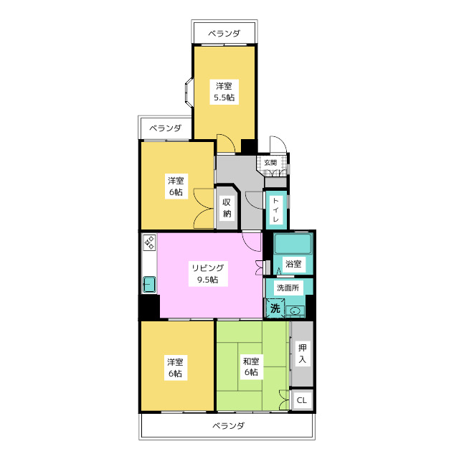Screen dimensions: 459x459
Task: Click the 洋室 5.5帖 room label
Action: click(x=224, y=92)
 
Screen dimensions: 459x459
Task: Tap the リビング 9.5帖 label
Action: click(x=208, y=273)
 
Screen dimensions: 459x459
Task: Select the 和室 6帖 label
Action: click(x=251, y=366)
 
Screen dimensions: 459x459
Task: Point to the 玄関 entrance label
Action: click(x=270, y=163)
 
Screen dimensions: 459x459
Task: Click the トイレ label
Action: click(x=275, y=209)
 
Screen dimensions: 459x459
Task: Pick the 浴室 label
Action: click(x=293, y=264)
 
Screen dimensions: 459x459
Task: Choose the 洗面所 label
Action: click(x=288, y=288)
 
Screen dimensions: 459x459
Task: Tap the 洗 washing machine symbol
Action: click(x=275, y=308)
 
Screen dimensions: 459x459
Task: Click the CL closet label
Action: click(x=301, y=400)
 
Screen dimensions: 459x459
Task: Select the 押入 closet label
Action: click(x=303, y=354)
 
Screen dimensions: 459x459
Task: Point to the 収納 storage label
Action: click(x=227, y=208)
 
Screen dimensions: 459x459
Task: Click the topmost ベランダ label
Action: click(x=224, y=34)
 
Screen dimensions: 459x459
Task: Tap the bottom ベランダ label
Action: click(x=228, y=425)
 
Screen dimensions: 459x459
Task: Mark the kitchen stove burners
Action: click(x=150, y=242)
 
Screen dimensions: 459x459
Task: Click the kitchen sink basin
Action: click(x=149, y=284)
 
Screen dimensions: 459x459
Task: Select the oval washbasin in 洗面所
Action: click(x=295, y=311)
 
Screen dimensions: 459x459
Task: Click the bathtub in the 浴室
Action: click(x=293, y=244)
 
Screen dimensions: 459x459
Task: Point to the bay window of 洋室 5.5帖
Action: click(x=189, y=91)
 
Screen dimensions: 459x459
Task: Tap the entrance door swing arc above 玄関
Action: click(x=278, y=145)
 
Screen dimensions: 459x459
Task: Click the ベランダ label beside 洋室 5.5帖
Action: click(x=166, y=128)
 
